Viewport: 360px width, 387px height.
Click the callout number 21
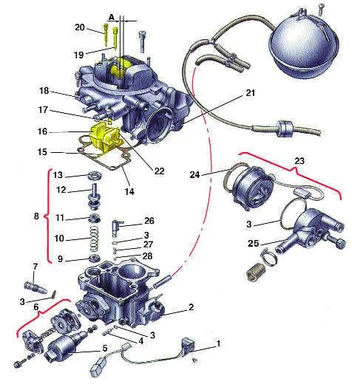click(x=251, y=93)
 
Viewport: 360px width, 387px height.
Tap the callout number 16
click(x=42, y=131)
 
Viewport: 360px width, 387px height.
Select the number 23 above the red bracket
click(x=299, y=161)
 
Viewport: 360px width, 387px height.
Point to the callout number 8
click(x=36, y=216)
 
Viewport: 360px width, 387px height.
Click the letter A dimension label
click(x=112, y=17)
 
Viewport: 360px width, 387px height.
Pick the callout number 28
click(x=148, y=256)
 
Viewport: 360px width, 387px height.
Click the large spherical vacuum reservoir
click(x=304, y=44)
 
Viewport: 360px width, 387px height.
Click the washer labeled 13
click(x=95, y=176)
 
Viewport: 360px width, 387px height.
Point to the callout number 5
click(x=105, y=349)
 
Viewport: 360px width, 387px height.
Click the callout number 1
click(x=218, y=343)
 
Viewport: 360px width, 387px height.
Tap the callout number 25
click(x=254, y=244)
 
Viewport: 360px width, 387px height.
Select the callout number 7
click(x=35, y=267)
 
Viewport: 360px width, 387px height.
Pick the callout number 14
click(x=129, y=191)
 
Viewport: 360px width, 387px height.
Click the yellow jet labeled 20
click(x=106, y=35)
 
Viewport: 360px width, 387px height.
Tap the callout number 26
click(x=149, y=221)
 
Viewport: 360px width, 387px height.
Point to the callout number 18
click(x=44, y=91)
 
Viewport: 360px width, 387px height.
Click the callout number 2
click(x=191, y=307)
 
